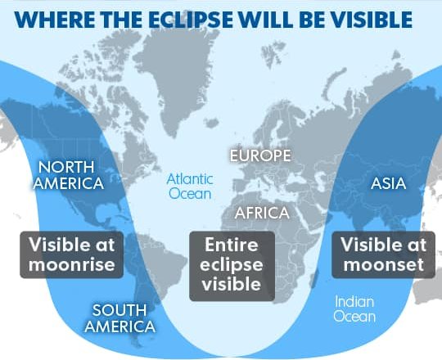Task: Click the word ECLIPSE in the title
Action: point(191,20)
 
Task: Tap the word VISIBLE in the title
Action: point(372,20)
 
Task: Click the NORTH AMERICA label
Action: point(69,175)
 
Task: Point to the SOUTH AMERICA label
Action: point(120,318)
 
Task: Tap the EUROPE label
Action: point(260,155)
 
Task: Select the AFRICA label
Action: point(262,213)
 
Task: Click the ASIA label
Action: point(389,183)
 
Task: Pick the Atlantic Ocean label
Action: point(190,187)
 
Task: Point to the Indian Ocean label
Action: point(354,309)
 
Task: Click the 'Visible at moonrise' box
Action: point(71,254)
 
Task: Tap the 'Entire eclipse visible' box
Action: point(232,266)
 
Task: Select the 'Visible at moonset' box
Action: point(384,254)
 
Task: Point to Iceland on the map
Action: point(212,123)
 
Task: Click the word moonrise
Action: point(71,265)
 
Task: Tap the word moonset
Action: point(384,265)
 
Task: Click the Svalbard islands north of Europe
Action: point(272,53)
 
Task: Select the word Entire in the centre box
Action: point(232,245)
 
